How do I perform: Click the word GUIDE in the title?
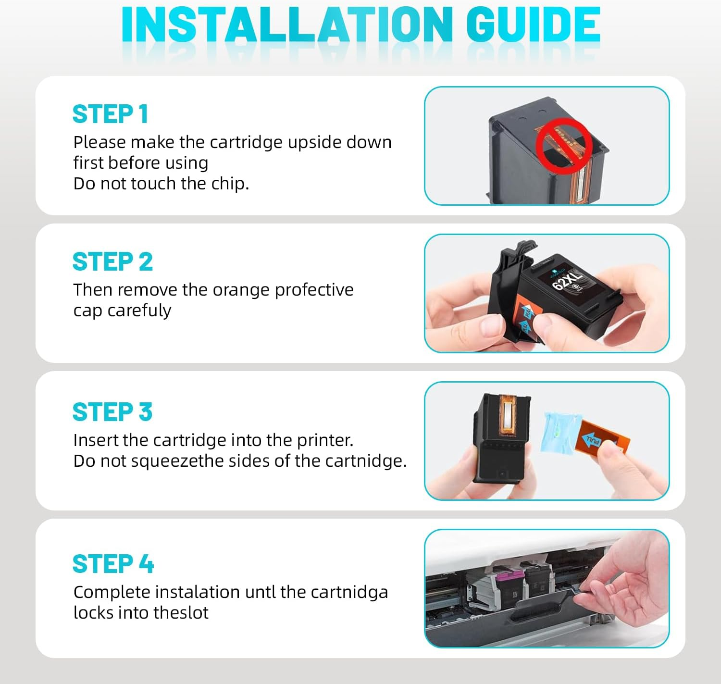(533, 25)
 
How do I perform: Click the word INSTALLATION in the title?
(287, 25)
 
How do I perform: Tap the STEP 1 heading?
(111, 114)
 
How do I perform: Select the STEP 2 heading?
(112, 261)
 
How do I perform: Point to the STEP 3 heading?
(112, 412)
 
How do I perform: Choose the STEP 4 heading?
(113, 564)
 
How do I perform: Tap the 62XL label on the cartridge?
(567, 279)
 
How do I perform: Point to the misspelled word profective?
(314, 290)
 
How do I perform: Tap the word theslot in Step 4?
(181, 613)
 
